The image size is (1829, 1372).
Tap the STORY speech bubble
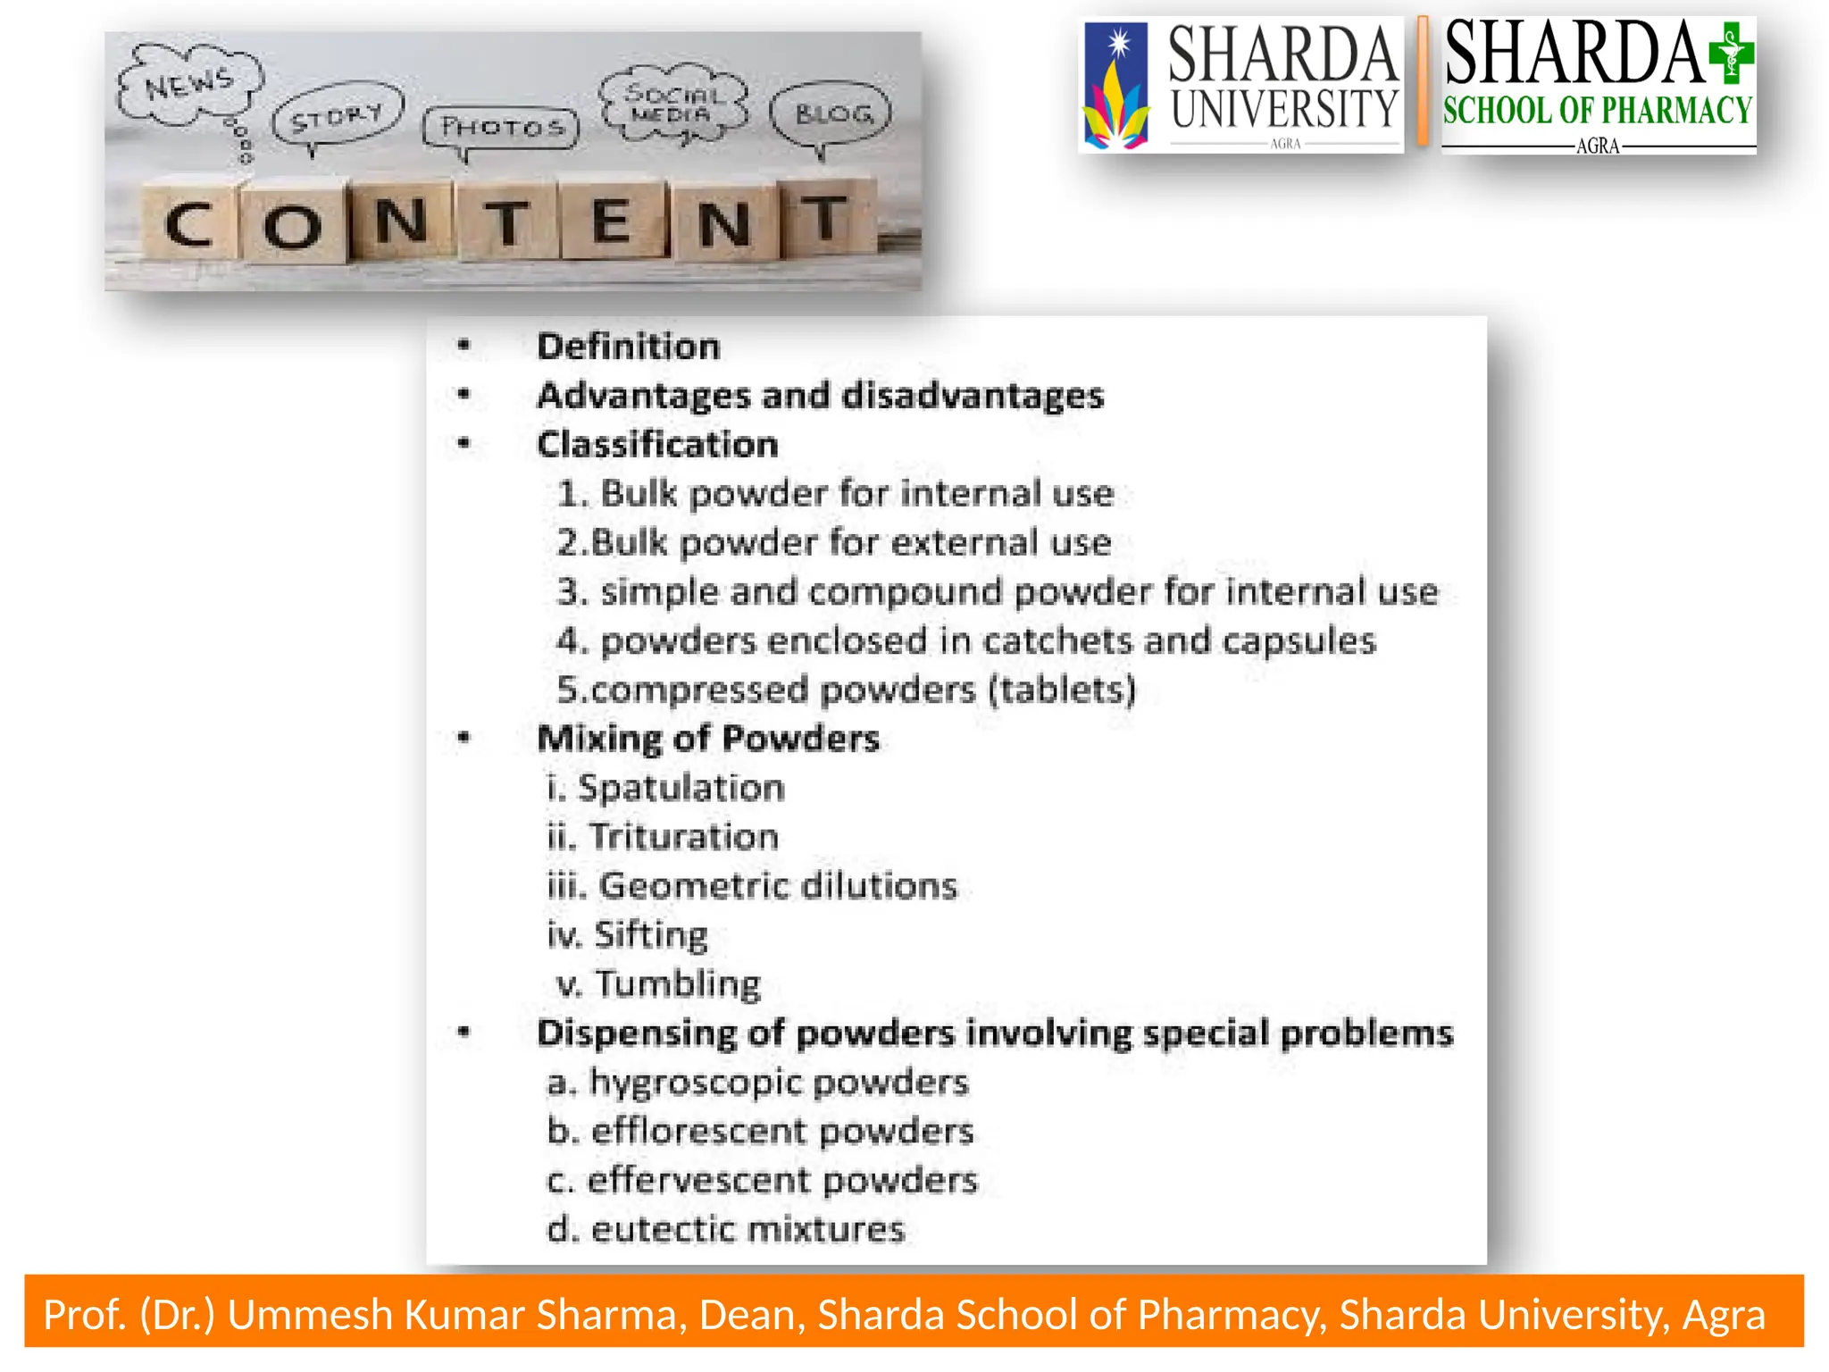point(338,116)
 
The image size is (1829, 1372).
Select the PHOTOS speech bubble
point(502,127)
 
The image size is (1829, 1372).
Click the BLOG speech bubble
point(831,114)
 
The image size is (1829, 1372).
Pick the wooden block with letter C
point(189,223)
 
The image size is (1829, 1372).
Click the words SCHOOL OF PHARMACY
point(1597,111)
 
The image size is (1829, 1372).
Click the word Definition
point(628,347)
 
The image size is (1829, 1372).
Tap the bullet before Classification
point(464,443)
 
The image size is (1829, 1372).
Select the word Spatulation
point(681,788)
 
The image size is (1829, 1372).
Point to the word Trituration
point(683,837)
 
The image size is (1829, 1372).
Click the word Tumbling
point(678,984)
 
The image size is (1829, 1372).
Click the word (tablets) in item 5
point(1063,690)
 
